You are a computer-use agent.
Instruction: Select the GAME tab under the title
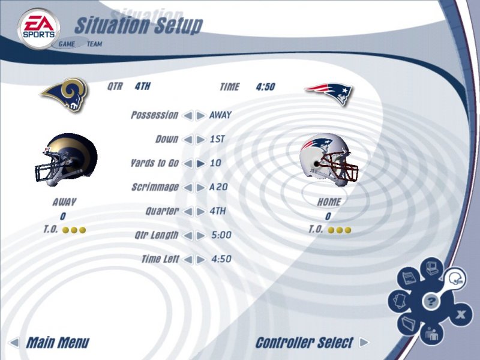click(x=67, y=44)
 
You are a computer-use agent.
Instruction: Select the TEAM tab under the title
click(x=94, y=44)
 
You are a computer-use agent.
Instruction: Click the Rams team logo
click(x=65, y=95)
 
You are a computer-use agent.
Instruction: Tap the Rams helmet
click(x=65, y=158)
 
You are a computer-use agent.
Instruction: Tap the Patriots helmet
click(x=329, y=158)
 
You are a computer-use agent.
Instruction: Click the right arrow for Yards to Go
click(x=200, y=163)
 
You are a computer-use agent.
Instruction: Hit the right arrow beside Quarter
click(x=200, y=211)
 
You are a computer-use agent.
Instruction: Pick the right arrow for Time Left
click(x=200, y=259)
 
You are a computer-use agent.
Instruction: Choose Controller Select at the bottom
click(x=304, y=343)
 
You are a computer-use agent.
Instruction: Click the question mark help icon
click(x=430, y=302)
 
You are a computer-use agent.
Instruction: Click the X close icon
click(x=461, y=314)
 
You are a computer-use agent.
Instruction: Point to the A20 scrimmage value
click(x=218, y=187)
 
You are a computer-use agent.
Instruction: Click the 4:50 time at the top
click(x=265, y=87)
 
